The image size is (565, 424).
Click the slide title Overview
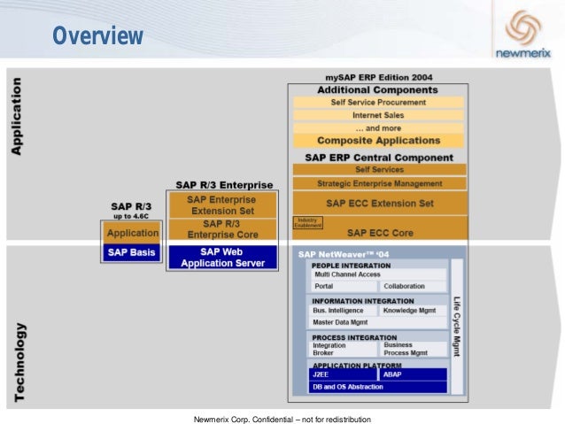click(x=97, y=36)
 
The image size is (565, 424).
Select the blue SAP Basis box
click(x=132, y=252)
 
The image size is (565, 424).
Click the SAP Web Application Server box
click(x=223, y=258)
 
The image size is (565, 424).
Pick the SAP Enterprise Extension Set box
click(x=221, y=206)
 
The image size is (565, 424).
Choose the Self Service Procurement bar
click(x=378, y=102)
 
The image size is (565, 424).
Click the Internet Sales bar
click(x=378, y=115)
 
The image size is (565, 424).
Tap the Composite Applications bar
click(x=378, y=140)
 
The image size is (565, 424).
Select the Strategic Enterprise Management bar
click(x=378, y=183)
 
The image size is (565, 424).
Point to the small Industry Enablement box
click(x=307, y=223)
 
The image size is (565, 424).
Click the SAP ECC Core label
click(x=380, y=233)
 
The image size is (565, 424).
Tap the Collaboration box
click(x=414, y=286)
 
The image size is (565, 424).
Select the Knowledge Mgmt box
click(x=414, y=311)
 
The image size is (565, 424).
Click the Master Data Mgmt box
click(x=344, y=322)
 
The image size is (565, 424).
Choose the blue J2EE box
click(x=344, y=374)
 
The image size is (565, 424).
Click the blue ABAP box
click(x=414, y=374)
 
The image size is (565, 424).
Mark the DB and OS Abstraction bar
click(x=378, y=387)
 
